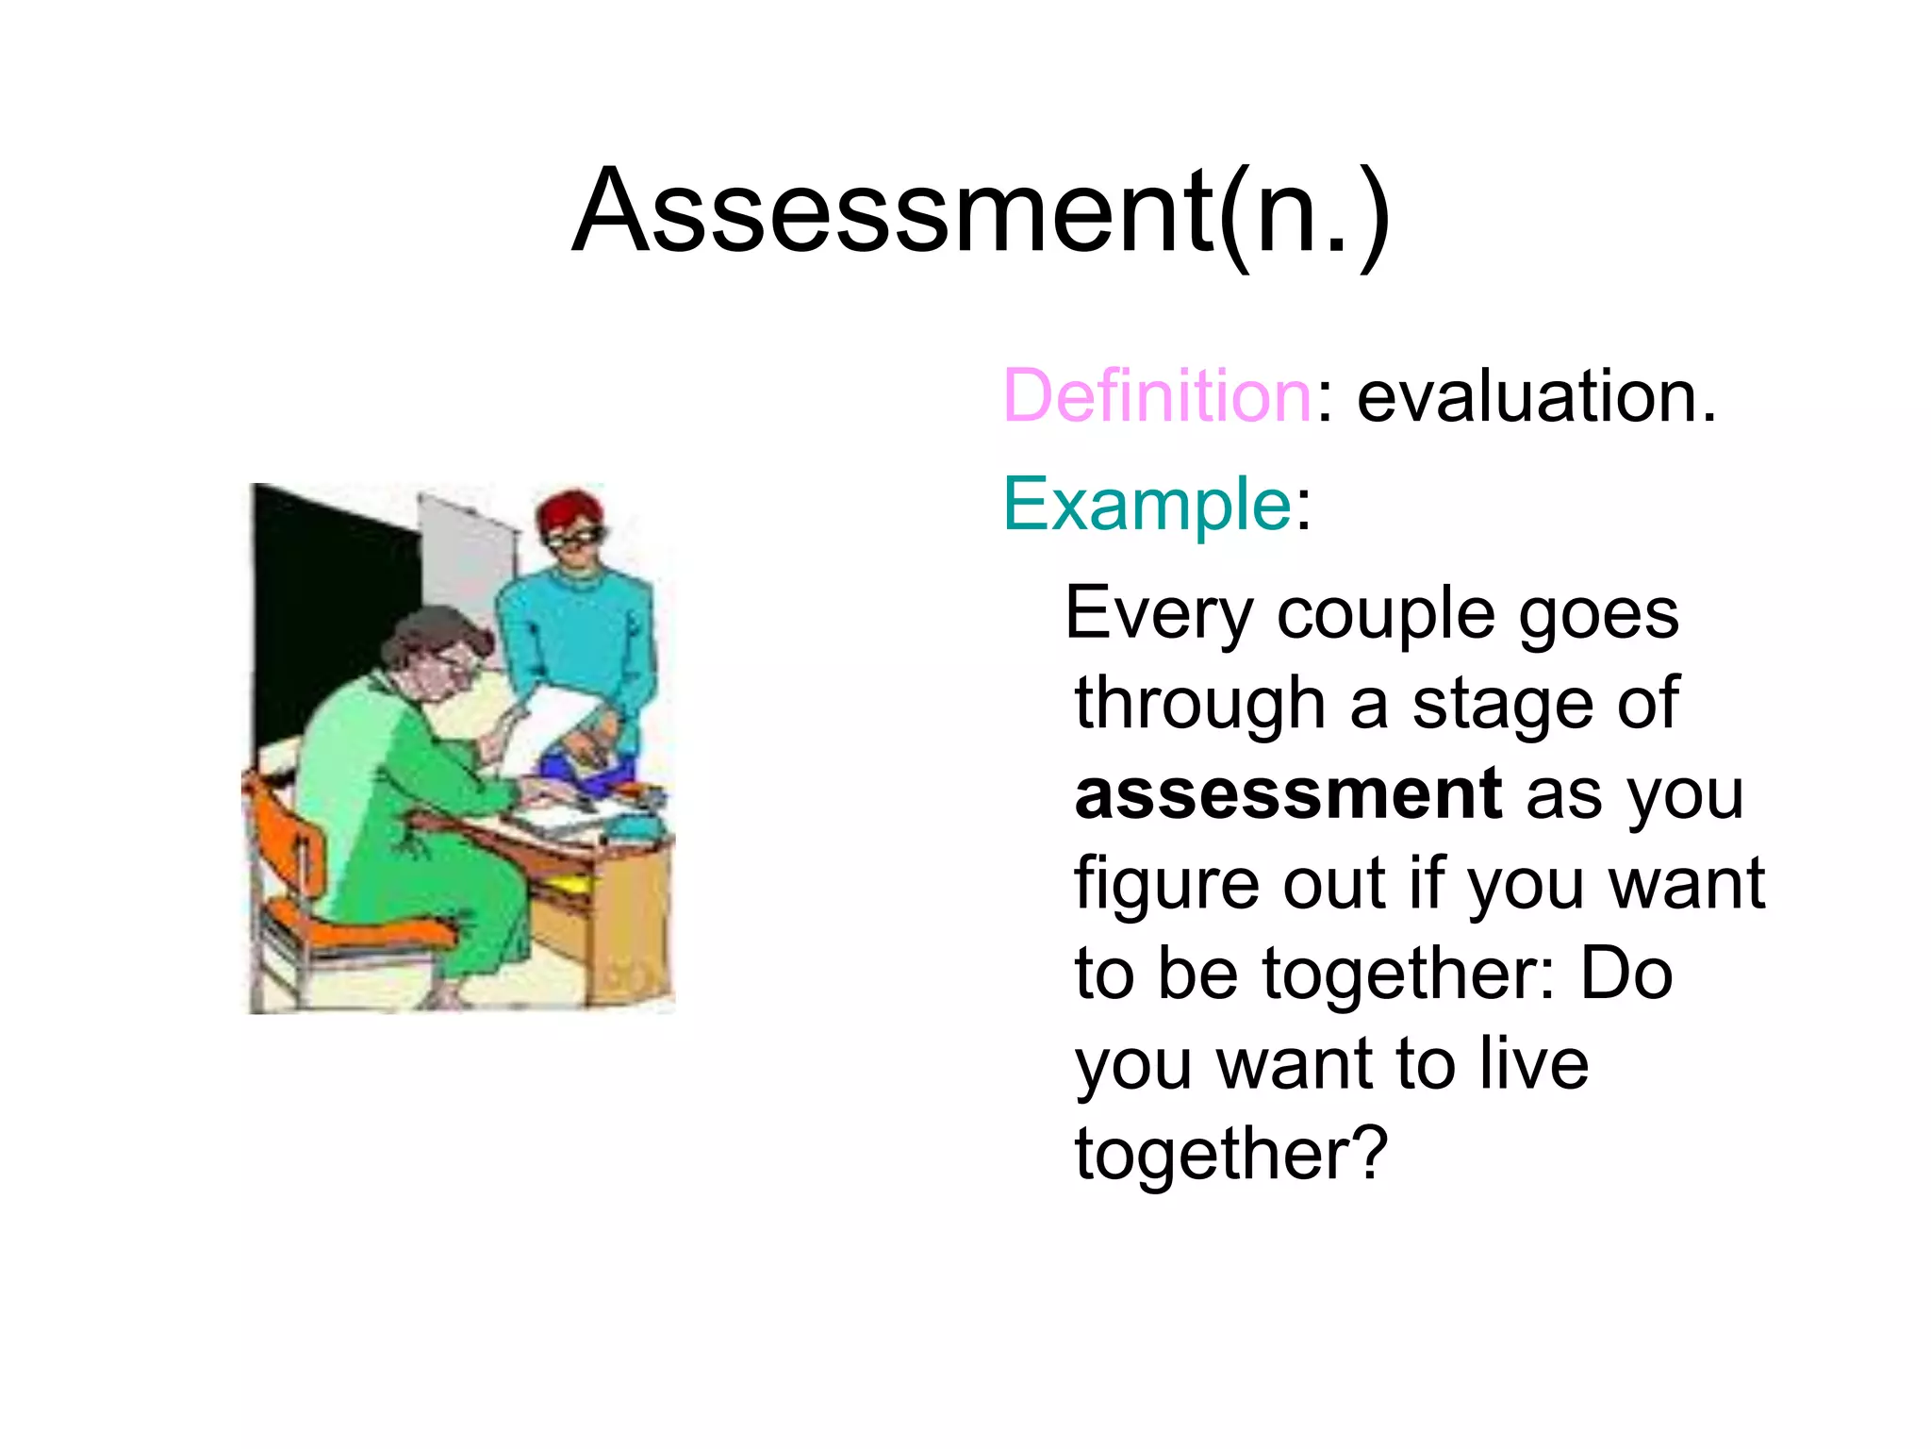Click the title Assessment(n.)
(981, 213)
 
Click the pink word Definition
(1158, 396)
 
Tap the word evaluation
(1535, 396)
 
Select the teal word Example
(1147, 506)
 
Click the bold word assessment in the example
(1288, 794)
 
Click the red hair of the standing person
(569, 509)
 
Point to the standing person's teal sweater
(575, 623)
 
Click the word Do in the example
(1627, 974)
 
